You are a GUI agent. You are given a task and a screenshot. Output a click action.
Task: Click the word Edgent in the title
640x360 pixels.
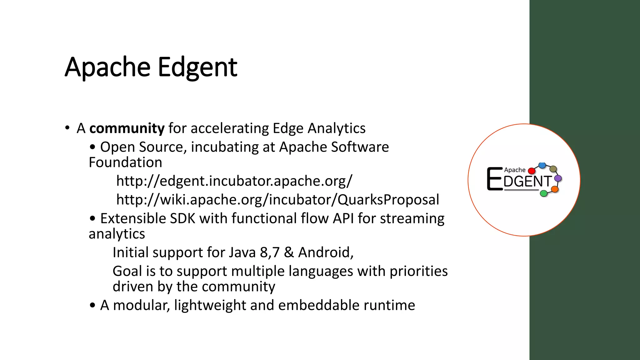[197, 67]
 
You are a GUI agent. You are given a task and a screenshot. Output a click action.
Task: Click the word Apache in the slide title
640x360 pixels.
[107, 67]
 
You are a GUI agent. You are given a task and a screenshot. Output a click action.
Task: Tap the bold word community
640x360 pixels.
[127, 128]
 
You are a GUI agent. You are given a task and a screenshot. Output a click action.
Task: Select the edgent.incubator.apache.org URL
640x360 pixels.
[234, 181]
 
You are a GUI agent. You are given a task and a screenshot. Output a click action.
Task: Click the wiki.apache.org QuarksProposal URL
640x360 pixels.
[277, 200]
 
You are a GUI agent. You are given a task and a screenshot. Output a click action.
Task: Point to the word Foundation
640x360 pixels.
[125, 162]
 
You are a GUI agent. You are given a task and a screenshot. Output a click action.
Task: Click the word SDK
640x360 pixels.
[182, 218]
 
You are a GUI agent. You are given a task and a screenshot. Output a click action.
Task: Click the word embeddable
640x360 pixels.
[318, 305]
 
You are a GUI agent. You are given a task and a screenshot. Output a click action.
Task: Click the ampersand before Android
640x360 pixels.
[289, 252]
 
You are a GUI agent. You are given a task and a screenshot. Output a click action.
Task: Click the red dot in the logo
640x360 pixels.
[531, 171]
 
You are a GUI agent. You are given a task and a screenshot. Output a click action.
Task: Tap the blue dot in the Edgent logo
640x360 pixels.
[542, 165]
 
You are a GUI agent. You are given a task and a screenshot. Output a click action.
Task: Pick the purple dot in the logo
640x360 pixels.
[558, 178]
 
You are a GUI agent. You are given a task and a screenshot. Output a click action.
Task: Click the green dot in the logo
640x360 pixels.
[544, 193]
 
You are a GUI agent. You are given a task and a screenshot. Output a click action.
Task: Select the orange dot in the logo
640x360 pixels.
[555, 189]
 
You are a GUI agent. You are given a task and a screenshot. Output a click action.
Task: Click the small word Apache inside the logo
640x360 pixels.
[515, 170]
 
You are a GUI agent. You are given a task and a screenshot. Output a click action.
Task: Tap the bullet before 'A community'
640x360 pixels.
[67, 128]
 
